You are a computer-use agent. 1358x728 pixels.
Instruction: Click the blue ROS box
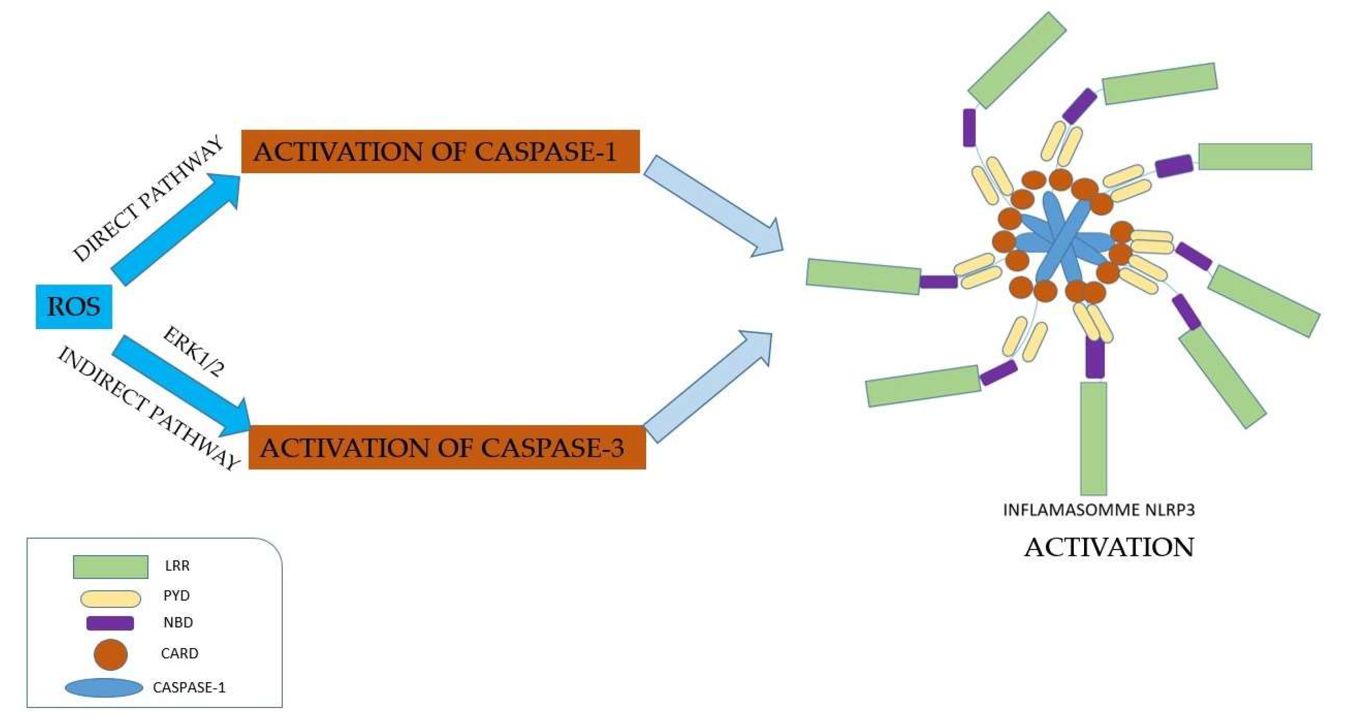[x=74, y=306]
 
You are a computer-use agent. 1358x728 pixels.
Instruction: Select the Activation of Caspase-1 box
[x=440, y=151]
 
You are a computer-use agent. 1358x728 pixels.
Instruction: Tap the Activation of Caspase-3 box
[x=447, y=448]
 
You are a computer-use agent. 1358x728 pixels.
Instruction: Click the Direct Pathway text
[x=148, y=199]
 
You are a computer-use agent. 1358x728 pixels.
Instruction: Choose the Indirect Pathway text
[x=148, y=409]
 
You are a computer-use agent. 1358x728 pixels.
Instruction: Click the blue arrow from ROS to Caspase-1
[x=174, y=229]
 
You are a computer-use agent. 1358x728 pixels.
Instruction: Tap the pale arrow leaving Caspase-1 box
[x=712, y=206]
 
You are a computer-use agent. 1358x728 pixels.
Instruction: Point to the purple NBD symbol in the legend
[x=110, y=623]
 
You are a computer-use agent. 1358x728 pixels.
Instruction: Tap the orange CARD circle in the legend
[x=111, y=655]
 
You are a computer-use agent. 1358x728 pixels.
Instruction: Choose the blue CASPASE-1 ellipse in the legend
[x=104, y=688]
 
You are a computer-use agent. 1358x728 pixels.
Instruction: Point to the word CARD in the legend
[x=179, y=654]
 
